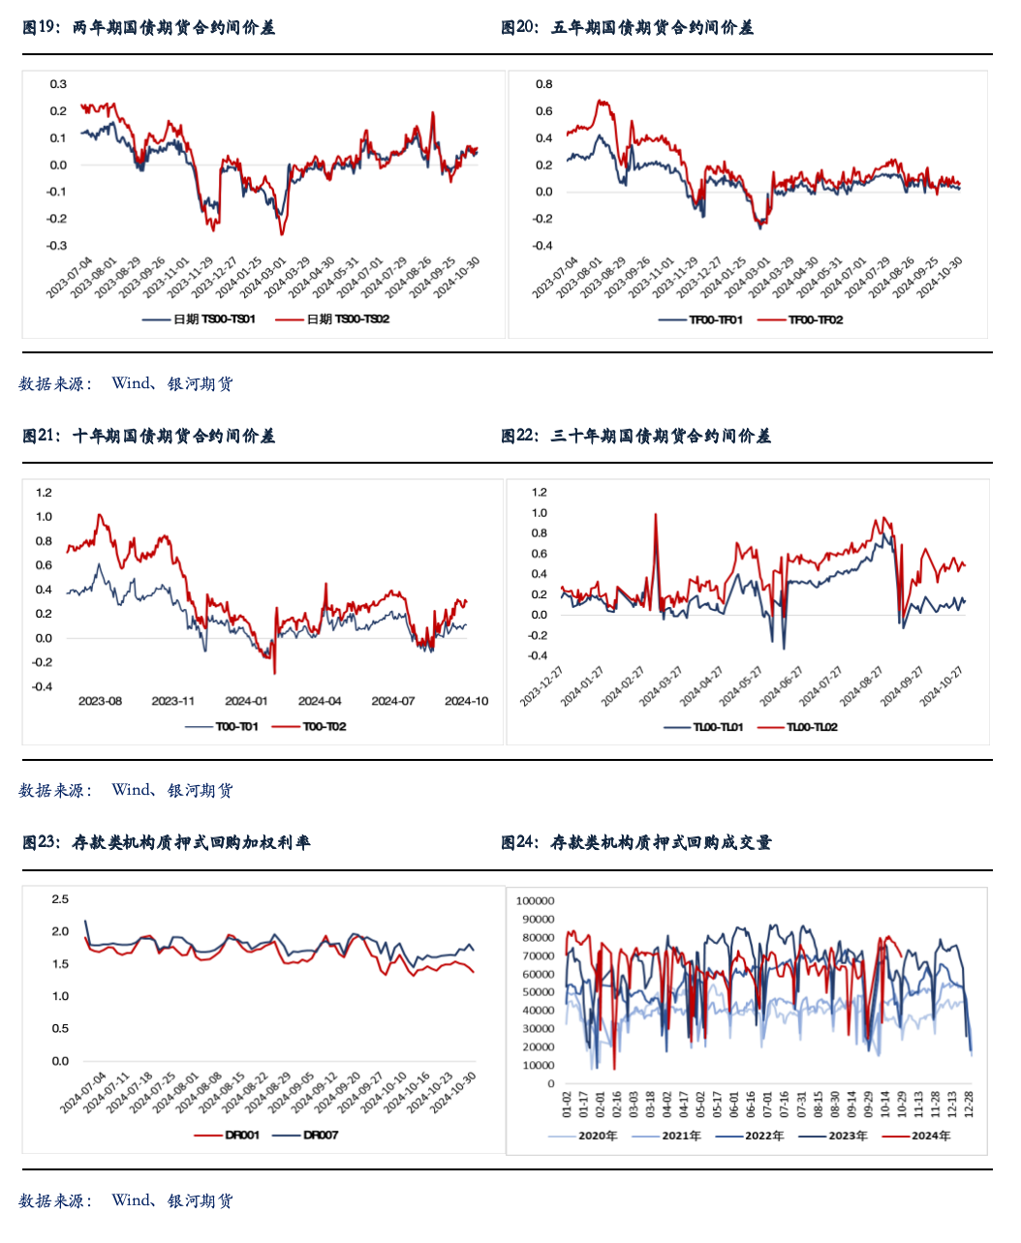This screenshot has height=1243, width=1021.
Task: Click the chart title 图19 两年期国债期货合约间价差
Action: (149, 28)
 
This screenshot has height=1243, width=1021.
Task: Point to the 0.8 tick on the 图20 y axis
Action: (543, 84)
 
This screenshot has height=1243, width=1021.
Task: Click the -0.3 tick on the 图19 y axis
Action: (57, 246)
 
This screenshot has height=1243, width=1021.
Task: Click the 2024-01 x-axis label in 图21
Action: (246, 701)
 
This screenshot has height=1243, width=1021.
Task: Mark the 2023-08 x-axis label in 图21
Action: (100, 701)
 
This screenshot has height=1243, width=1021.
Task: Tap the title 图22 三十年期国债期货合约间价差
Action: (635, 437)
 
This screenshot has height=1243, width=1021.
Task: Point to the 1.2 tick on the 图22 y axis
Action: (539, 492)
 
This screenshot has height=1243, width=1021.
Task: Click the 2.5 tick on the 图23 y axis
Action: (60, 899)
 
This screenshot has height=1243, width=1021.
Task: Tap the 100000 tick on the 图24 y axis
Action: (536, 901)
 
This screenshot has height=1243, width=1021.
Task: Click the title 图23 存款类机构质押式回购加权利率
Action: (167, 843)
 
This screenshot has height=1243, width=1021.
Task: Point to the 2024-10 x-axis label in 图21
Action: (466, 701)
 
